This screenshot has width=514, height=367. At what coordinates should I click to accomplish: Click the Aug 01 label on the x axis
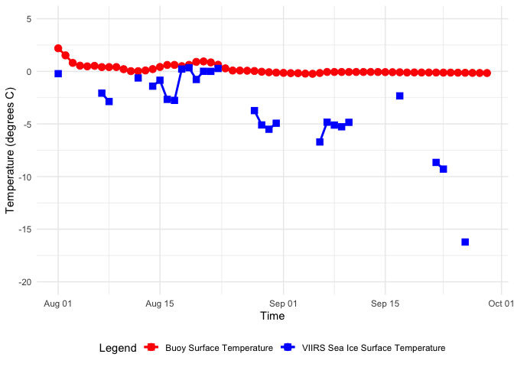coord(58,304)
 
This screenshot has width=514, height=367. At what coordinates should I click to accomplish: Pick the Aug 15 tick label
coord(160,304)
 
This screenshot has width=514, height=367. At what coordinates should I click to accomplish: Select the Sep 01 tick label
coord(284,304)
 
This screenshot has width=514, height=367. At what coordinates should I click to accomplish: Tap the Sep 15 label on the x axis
coord(385,304)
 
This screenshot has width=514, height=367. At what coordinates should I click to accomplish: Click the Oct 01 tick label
coord(501,304)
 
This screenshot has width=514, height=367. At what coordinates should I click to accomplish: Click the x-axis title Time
coord(272,316)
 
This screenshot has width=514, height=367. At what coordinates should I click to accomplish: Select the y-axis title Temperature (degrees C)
coord(11,149)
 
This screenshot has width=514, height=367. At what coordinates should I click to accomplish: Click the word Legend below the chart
coord(117,348)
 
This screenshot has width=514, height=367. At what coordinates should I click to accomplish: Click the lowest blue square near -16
coord(465,242)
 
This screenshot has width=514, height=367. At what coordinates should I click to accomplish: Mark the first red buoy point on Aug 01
coord(58,48)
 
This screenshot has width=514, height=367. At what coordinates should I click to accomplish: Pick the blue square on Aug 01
coord(58,73)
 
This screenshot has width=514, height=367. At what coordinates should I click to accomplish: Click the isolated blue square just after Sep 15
coord(399,96)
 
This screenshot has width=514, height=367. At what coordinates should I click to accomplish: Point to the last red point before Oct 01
coord(487,73)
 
